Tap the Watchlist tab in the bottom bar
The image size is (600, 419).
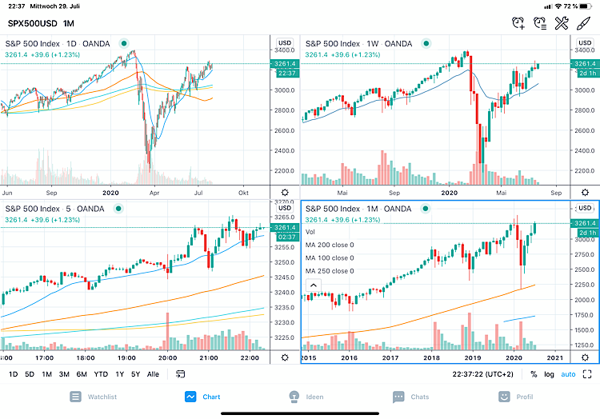[95, 396]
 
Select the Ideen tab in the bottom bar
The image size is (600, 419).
[302, 396]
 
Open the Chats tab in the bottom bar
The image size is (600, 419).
[410, 396]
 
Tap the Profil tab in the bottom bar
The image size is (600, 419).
[515, 396]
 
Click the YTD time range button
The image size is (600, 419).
[102, 374]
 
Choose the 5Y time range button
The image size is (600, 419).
[135, 374]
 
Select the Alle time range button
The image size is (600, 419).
[153, 374]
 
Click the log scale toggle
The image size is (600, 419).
[549, 374]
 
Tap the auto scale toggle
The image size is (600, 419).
[568, 374]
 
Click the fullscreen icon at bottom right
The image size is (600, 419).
[587, 374]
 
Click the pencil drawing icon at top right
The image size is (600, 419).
[584, 24]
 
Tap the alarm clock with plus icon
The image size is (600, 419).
[519, 24]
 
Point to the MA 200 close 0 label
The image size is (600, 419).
[330, 245]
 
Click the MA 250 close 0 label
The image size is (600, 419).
[330, 271]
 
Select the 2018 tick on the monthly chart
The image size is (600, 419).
[431, 358]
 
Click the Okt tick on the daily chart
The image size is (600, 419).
[245, 193]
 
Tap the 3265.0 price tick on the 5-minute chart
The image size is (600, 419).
[284, 217]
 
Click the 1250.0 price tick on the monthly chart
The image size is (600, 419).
[582, 345]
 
